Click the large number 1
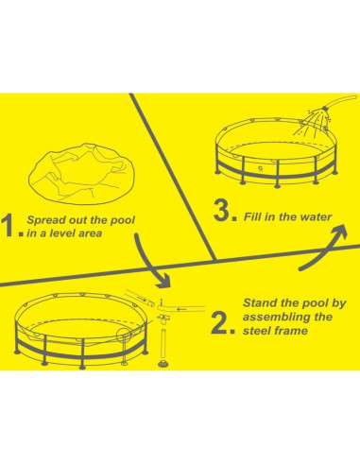pos(10,225)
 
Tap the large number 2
pos(220,322)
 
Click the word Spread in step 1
pos(46,220)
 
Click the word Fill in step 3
pos(253,216)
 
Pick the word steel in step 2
pos(256,331)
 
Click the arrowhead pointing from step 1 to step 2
pos(163,281)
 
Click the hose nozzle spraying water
pos(322,112)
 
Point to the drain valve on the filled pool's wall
pos(261,169)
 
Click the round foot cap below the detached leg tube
pos(163,364)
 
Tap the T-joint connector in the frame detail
pos(163,319)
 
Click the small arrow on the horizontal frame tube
pos(181,309)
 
